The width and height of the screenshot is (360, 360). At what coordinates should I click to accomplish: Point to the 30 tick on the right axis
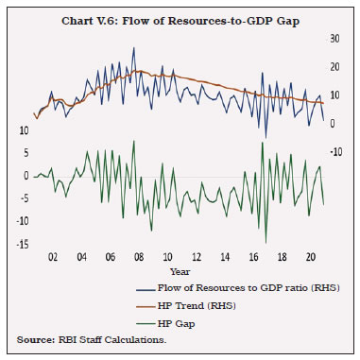(x=334, y=39)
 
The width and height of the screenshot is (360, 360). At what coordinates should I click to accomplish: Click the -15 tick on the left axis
(x=21, y=244)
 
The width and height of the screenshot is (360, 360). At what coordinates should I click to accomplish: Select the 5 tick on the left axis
(x=24, y=152)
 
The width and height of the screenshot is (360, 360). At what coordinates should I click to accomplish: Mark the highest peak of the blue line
(x=108, y=48)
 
